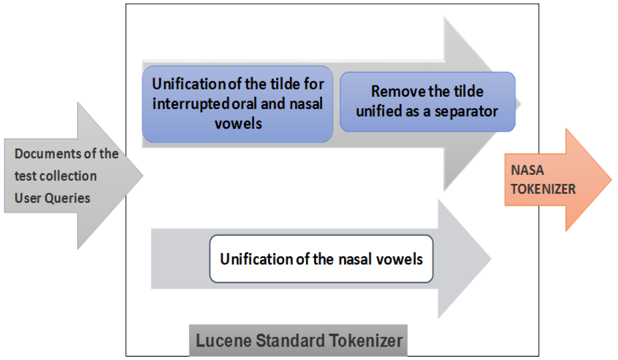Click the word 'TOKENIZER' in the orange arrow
coord(543,188)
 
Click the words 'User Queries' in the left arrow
coord(52,198)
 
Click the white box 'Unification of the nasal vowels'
coord(321,259)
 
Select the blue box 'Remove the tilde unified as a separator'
coord(427,102)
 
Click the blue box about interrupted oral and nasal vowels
coord(238,104)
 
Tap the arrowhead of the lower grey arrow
coord(476,259)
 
